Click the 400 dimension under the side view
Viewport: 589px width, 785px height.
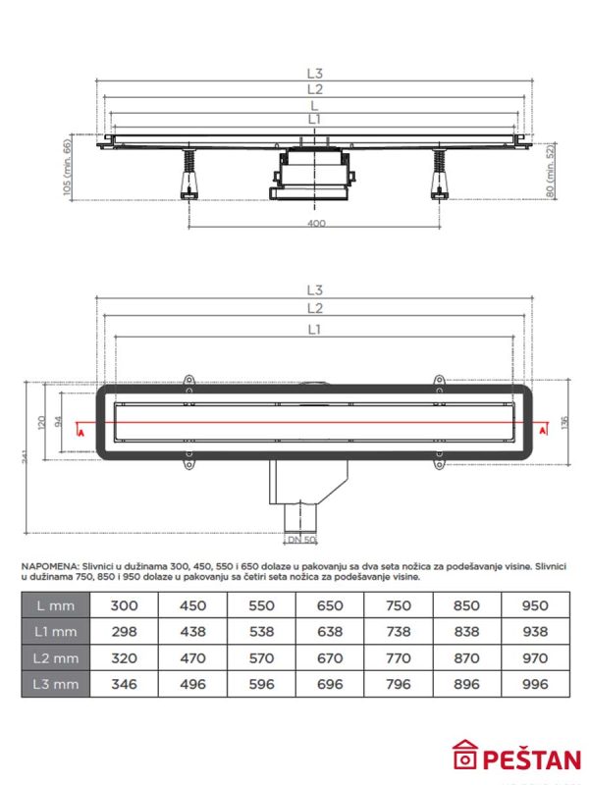click(315, 224)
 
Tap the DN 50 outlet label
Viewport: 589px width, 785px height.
click(301, 540)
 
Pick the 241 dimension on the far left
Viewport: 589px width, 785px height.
click(23, 461)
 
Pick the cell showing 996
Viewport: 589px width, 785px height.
click(535, 684)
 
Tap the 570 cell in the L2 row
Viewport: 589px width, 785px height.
click(262, 658)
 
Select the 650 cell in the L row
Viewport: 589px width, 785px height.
click(330, 605)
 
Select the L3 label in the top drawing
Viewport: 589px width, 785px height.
click(314, 72)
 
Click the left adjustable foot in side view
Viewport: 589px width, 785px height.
click(187, 176)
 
